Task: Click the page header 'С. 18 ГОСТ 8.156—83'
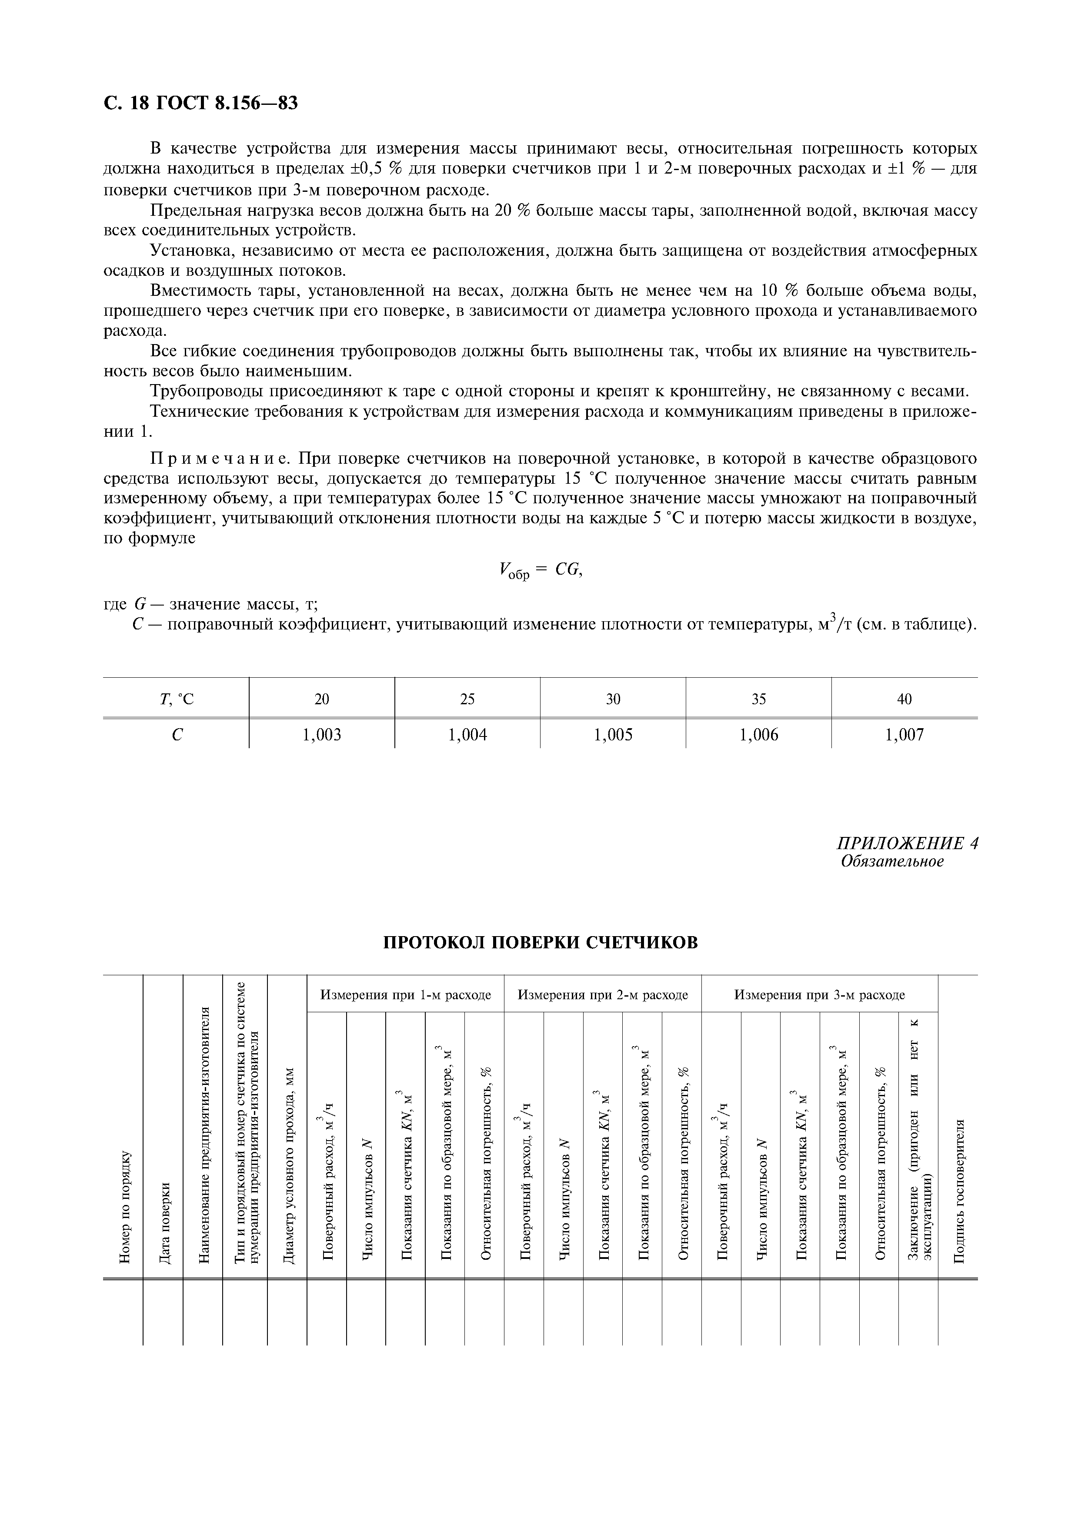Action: [x=200, y=103]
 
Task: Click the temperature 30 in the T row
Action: [x=613, y=699]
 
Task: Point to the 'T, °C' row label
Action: [x=176, y=699]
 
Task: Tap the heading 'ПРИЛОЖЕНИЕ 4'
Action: [x=907, y=843]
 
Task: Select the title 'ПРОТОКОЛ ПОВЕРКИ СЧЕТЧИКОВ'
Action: [x=541, y=943]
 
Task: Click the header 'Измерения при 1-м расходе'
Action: [x=405, y=995]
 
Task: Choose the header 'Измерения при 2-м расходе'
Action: [x=602, y=995]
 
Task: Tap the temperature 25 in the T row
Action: [x=467, y=699]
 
